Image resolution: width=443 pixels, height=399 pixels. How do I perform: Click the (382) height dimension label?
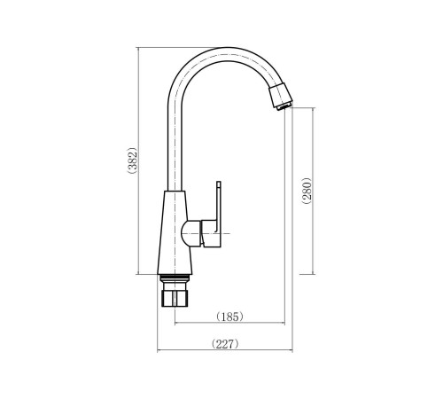pos(132,160)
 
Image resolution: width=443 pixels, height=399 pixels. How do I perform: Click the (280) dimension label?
pos(307,191)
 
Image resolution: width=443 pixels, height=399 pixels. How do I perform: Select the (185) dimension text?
pos(229,317)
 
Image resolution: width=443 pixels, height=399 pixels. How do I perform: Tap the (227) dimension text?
pos(225,344)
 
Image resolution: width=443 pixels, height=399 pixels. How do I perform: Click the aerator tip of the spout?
pos(281,97)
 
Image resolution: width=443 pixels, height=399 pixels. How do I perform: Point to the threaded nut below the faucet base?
pos(175,298)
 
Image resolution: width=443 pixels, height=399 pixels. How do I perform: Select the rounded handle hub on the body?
pos(191,233)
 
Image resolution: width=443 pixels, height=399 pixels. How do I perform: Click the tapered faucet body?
pos(175,232)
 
